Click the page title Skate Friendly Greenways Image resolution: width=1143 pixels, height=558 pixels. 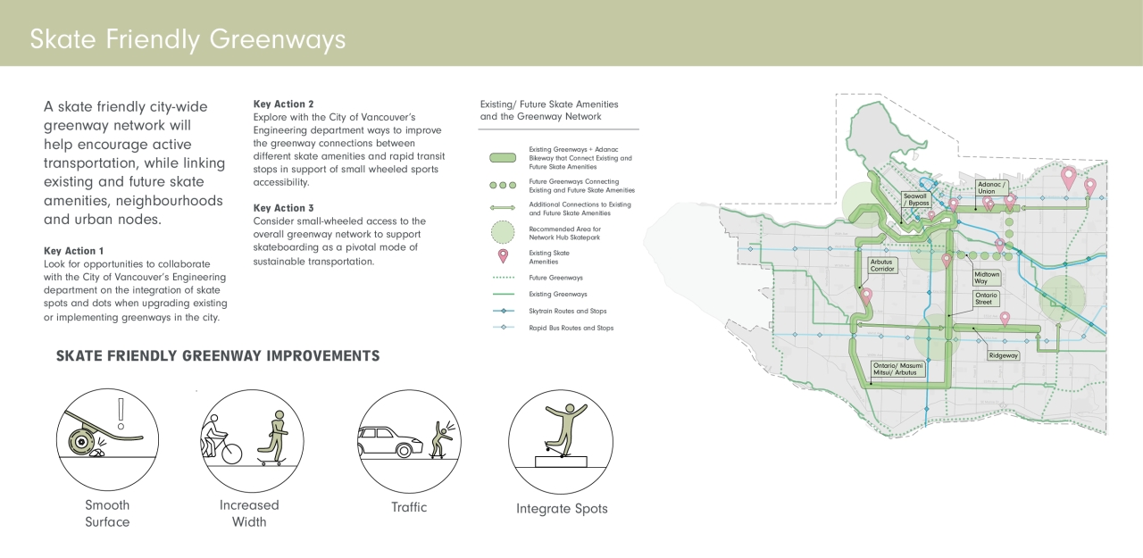coord(188,39)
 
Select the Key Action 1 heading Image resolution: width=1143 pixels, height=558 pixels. coord(73,251)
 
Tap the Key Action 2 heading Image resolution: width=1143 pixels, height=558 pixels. coord(283,104)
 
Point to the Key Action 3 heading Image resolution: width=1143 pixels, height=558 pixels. coord(283,208)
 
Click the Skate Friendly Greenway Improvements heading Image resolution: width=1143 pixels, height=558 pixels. coord(218,356)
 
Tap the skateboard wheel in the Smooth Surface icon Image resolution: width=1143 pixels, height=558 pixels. coord(80,442)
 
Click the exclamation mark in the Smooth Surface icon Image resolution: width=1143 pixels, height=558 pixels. coord(121,413)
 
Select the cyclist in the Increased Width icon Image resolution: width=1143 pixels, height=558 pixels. coord(220,439)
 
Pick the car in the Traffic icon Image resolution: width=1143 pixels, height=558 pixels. coord(390,442)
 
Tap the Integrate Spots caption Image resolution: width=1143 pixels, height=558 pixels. coord(562,509)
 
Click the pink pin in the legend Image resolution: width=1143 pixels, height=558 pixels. coord(503,256)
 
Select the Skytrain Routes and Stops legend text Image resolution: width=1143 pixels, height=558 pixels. coord(567,311)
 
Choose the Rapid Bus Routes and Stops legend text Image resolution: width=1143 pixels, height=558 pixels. coord(571,328)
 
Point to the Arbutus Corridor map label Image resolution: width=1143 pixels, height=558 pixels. coord(882,265)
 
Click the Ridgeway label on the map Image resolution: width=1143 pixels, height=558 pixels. coord(1003,355)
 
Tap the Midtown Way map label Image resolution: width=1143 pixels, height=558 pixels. coord(987,278)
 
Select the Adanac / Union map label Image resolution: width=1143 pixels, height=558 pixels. coord(991,187)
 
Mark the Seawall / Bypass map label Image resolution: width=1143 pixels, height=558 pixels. coord(916,199)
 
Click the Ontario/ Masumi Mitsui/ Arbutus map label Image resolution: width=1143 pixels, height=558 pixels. coord(897,369)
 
